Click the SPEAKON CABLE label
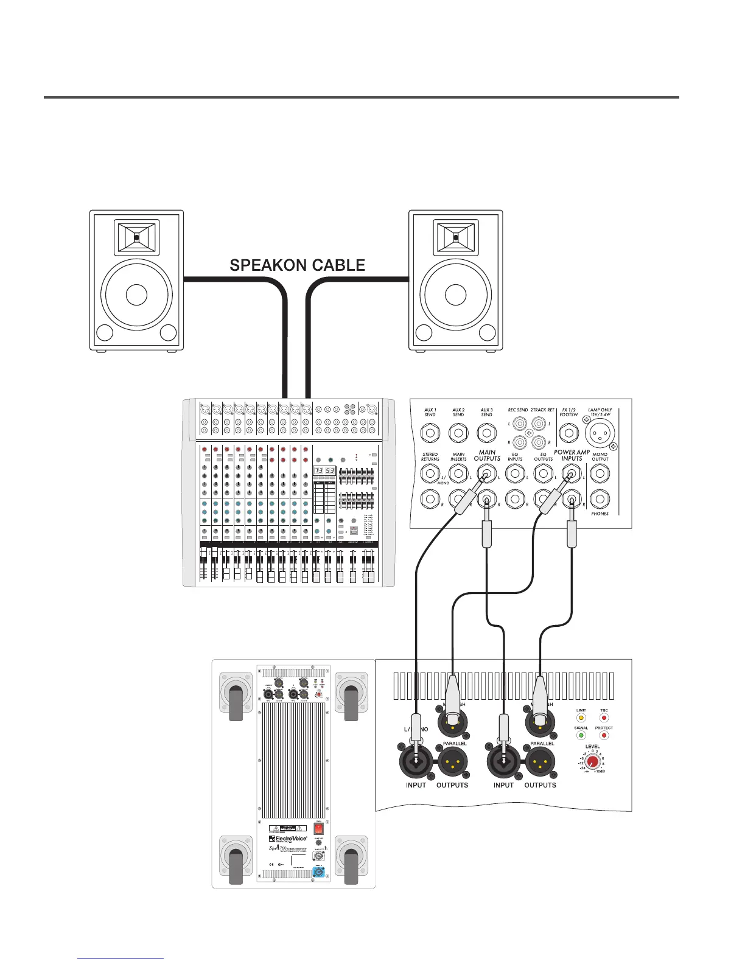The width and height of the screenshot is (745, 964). point(297,265)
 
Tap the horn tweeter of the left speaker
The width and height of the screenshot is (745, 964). point(136,237)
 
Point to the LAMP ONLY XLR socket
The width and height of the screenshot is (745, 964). point(600,434)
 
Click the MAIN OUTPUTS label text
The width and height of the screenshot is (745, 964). point(487,455)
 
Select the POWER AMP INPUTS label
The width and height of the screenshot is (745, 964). point(572,455)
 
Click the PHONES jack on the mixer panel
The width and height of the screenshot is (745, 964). point(600,499)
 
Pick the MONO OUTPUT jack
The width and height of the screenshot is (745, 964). point(600,473)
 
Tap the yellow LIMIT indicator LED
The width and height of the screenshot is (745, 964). point(581,718)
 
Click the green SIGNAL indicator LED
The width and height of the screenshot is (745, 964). point(581,736)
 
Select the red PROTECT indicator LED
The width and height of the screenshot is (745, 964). point(604,736)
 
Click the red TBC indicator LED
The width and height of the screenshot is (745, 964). point(604,718)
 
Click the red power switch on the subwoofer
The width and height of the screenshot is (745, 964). point(318,828)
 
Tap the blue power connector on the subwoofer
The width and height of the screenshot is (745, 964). point(318,871)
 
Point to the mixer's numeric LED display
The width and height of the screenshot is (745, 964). point(324,471)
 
